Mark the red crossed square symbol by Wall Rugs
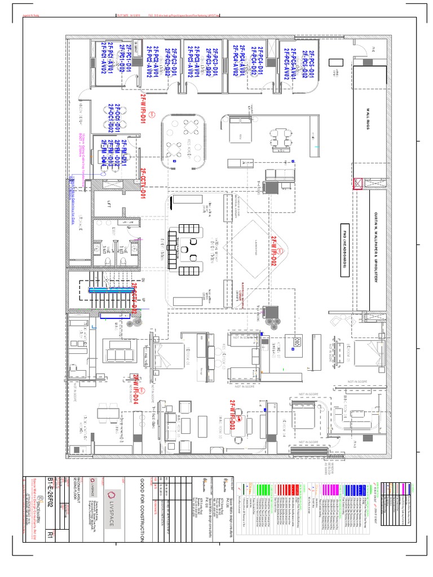[357, 183]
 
